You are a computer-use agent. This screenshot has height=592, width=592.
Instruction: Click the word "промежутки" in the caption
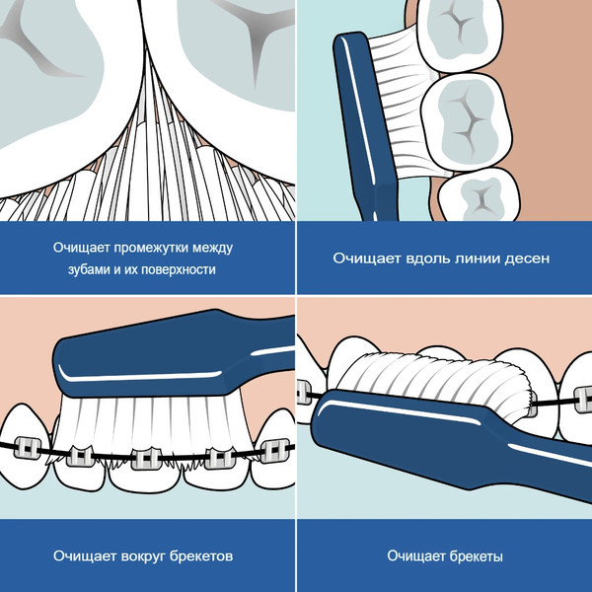click(151, 248)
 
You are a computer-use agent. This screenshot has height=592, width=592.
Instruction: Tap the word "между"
click(212, 248)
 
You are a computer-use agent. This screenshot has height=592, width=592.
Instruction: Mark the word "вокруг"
click(143, 556)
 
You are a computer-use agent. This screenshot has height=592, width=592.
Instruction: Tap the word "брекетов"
click(201, 555)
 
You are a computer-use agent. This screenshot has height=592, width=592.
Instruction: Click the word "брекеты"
click(475, 556)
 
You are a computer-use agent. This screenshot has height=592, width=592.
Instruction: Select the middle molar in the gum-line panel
click(466, 120)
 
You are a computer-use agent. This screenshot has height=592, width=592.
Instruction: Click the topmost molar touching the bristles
click(460, 34)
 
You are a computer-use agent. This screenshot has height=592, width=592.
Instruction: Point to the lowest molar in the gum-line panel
click(479, 195)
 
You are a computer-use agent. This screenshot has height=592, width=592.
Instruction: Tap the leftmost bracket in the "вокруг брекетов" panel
click(28, 448)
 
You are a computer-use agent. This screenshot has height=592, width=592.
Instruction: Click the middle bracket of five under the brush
click(146, 459)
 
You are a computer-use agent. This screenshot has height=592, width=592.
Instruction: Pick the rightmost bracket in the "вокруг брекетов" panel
click(275, 451)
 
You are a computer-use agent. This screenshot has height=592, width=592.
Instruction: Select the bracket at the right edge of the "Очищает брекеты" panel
click(583, 400)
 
